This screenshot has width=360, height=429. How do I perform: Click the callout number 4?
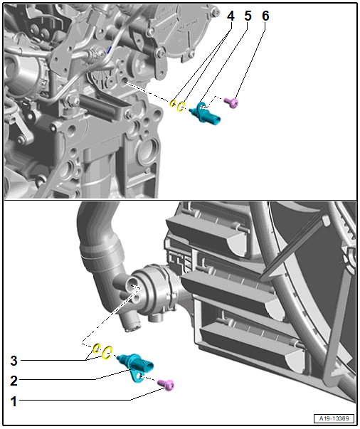[x=231, y=16]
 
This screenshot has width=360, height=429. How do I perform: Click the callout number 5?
[x=248, y=16]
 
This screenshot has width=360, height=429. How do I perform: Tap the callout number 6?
[x=265, y=16]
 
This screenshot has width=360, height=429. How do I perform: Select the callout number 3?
[x=14, y=361]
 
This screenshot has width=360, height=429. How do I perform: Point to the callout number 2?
[x=14, y=381]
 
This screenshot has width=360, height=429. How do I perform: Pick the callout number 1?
[x=14, y=401]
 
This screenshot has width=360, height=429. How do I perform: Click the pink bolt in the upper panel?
[x=231, y=103]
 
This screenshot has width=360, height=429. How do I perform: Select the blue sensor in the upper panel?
[x=206, y=114]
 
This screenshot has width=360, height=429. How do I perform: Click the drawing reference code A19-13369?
[x=334, y=418]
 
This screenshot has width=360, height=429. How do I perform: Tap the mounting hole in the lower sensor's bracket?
[x=139, y=376]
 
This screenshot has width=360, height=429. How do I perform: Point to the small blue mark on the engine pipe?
[x=110, y=50]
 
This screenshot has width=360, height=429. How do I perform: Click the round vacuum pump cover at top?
[x=183, y=31]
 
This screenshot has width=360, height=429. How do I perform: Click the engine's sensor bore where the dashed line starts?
[x=124, y=82]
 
